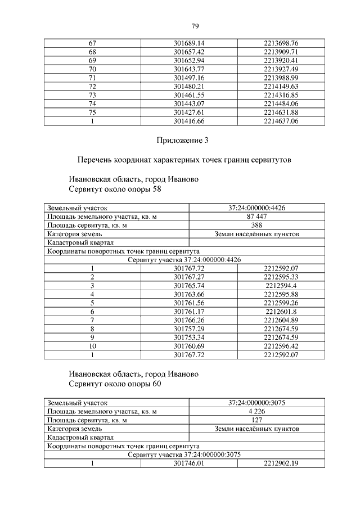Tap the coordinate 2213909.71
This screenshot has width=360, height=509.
pyautogui.click(x=280, y=52)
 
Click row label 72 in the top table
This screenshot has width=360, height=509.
pyautogui.click(x=93, y=86)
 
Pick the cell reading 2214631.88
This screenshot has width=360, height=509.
pyautogui.click(x=280, y=112)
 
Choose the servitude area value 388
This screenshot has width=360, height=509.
pyautogui.click(x=256, y=225)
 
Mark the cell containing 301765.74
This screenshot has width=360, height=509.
pyautogui.click(x=189, y=286)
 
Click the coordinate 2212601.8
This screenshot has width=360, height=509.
pyautogui.click(x=280, y=312)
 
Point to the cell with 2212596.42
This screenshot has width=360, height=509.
pyautogui.click(x=280, y=346)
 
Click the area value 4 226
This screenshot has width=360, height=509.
pyautogui.click(x=256, y=411)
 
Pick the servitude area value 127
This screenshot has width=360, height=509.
pyautogui.click(x=256, y=420)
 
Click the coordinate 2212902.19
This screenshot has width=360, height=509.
pyautogui.click(x=280, y=463)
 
